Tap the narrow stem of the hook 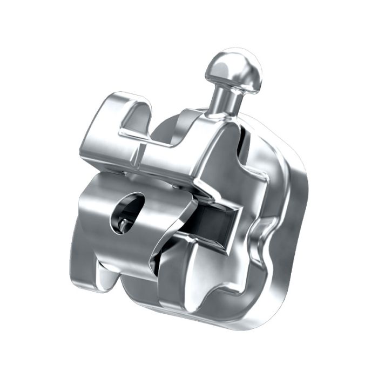[222, 100]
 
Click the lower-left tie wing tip [89, 275]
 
